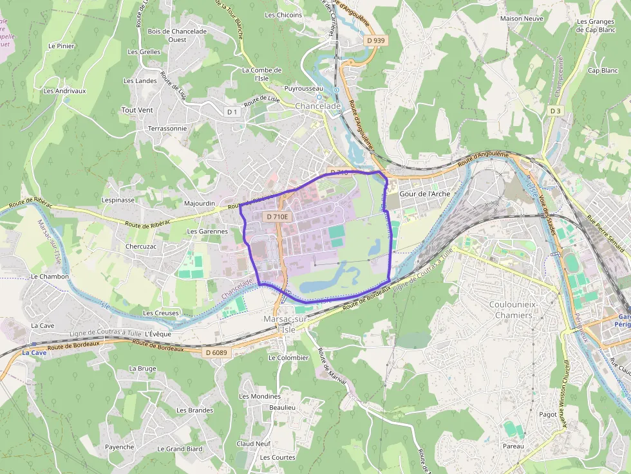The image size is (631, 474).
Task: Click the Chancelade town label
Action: tap(317, 106)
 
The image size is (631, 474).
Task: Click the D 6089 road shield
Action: tap(216, 352)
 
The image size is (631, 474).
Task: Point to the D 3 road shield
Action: tap(555, 111)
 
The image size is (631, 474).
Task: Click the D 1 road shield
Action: tap(232, 112)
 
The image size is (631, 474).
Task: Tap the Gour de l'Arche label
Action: tap(424, 194)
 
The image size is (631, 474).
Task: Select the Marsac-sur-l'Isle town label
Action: tap(285, 324)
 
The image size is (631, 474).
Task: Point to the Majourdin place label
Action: tap(200, 204)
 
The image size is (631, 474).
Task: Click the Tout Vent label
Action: tap(137, 110)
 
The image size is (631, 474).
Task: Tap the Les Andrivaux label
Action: tap(64, 91)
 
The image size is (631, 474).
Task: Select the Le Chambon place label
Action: tap(50, 277)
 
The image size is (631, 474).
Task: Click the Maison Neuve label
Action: tap(522, 19)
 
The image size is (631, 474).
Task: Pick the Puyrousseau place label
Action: tap(304, 89)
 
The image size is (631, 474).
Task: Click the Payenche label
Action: tap(120, 447)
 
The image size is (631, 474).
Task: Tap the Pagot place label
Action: tap(548, 415)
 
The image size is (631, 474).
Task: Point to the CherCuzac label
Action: tap(141, 246)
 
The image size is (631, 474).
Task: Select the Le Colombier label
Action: tap(288, 358)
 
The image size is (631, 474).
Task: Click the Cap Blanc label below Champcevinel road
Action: tap(602, 71)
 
